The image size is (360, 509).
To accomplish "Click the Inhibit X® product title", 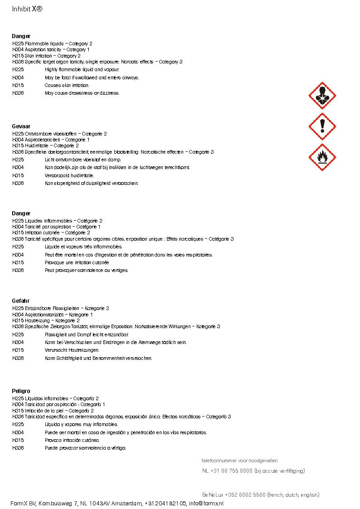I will coord(27,9).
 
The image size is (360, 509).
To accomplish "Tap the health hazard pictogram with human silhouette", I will coord(322,96).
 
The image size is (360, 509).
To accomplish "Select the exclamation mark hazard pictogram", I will coord(322,126).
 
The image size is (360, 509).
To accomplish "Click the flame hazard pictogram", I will coord(322,157).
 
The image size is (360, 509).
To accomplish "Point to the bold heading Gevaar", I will coord(21,126).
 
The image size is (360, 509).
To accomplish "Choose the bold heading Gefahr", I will coord(21,301).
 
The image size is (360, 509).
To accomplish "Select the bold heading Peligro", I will coord(21,391).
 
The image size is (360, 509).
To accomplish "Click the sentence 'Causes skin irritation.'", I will coord(67,85).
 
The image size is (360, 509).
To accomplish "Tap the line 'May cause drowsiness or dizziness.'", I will coord(82,93).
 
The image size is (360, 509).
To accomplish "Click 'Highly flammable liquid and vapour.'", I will coord(82,70).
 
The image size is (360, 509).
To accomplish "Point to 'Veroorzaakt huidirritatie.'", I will coord(69,175).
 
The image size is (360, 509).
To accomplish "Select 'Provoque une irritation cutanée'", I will coord(77,262).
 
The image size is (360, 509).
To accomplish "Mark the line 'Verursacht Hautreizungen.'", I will coord(72,350).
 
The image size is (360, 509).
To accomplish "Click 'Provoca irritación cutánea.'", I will coord(72,440).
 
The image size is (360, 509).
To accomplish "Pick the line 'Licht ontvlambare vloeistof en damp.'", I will coord(83,160).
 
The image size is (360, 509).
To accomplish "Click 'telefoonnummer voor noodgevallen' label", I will coord(240,461).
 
